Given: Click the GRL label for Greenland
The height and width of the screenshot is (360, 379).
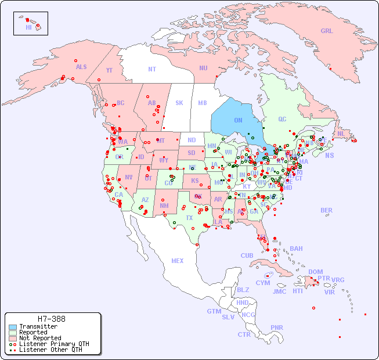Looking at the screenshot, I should (x=327, y=31).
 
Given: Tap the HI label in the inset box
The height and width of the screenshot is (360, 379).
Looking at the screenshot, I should (x=28, y=27).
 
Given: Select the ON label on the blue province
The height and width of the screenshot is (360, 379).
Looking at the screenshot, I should (x=238, y=120).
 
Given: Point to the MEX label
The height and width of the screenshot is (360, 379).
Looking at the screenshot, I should (x=178, y=261).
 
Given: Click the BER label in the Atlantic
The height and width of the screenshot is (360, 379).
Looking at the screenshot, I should (x=327, y=210).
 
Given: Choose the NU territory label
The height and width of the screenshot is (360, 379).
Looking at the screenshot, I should (x=203, y=68).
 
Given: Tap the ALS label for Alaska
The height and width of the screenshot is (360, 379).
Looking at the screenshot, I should (x=81, y=67).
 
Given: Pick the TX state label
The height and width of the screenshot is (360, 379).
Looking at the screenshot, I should (x=189, y=218).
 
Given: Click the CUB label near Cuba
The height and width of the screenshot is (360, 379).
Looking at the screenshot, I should (x=247, y=255).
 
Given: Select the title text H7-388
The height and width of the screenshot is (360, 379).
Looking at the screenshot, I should (x=52, y=319).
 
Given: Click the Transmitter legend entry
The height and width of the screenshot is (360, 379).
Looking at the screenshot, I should (x=38, y=327).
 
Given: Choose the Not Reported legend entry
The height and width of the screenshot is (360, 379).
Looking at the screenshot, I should (x=40, y=338).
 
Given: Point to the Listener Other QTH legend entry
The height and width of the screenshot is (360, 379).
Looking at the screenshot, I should (x=50, y=350).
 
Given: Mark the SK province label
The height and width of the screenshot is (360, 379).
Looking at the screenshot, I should (x=179, y=103).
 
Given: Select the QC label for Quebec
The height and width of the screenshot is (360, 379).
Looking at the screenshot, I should (x=282, y=119).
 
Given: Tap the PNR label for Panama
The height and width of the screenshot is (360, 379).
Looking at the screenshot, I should (x=277, y=327).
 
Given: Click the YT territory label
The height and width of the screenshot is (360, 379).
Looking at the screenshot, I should (x=109, y=70).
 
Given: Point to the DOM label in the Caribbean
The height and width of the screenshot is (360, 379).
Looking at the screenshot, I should (x=315, y=272).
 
